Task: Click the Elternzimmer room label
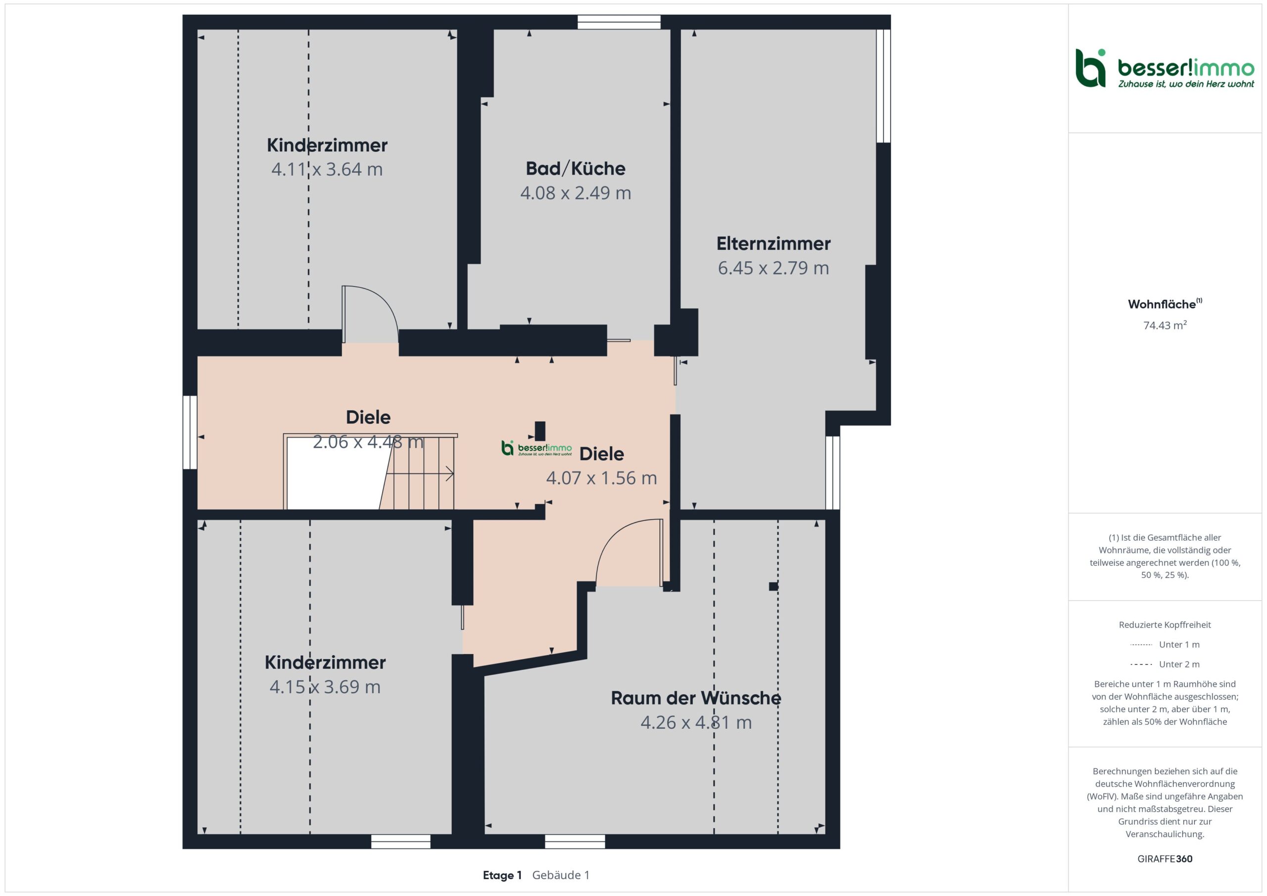tap(773, 243)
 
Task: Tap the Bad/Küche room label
tap(576, 168)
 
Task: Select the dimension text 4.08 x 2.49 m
tap(576, 192)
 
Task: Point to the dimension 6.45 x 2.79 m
tap(773, 268)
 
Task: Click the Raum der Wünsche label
tap(696, 698)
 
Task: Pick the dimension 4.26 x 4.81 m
tap(696, 722)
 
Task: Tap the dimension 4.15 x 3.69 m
tap(325, 687)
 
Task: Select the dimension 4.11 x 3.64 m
tap(327, 169)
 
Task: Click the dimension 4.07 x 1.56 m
tap(601, 478)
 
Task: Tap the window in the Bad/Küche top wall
tap(619, 22)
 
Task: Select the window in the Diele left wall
tap(190, 432)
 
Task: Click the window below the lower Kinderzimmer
tap(400, 842)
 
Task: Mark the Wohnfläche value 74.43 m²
tap(1165, 325)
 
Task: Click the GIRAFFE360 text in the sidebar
tap(1165, 858)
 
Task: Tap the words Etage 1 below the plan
tap(502, 875)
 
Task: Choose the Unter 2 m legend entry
tap(1165, 664)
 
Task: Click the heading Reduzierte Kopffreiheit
tap(1165, 624)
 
